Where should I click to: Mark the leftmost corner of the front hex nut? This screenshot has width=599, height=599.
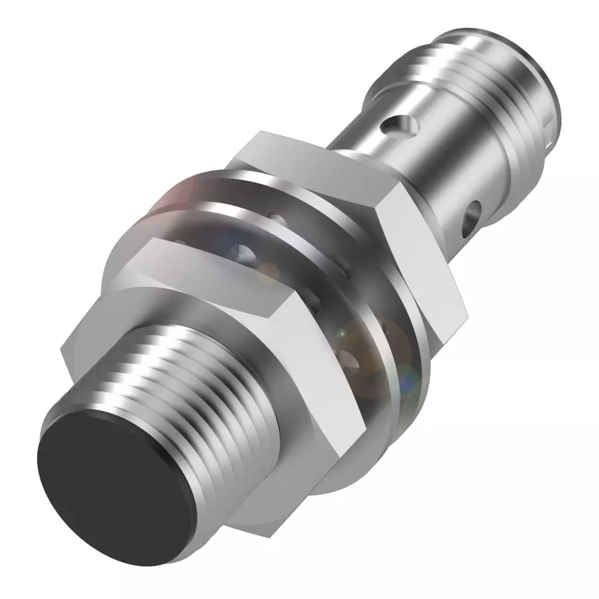(x=62, y=346)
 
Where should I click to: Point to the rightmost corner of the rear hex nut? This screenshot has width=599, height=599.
(x=467, y=311)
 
